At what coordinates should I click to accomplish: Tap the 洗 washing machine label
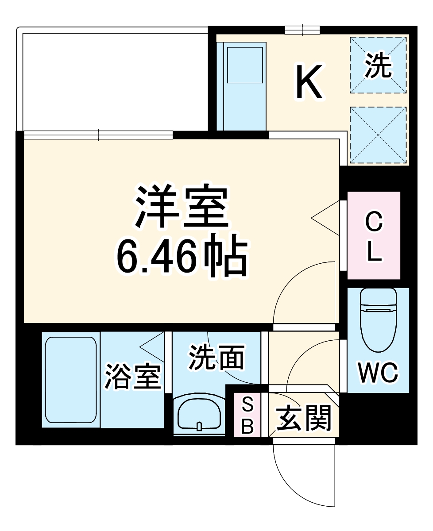tap(379, 65)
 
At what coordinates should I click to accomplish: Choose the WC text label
tap(378, 373)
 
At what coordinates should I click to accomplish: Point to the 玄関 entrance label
tap(304, 418)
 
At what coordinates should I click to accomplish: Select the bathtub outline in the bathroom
tap(71, 380)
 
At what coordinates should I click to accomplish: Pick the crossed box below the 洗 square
tap(379, 135)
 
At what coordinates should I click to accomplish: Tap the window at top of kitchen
tap(302, 30)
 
